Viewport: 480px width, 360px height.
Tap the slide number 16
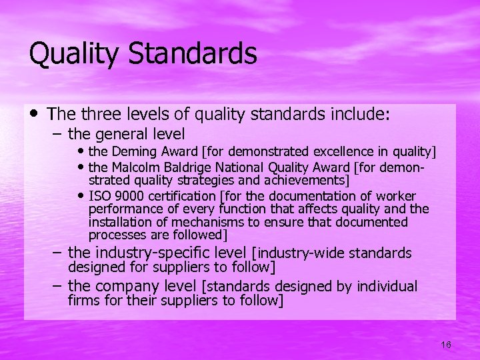pos(446,344)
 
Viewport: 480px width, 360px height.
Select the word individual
pos(386,287)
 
